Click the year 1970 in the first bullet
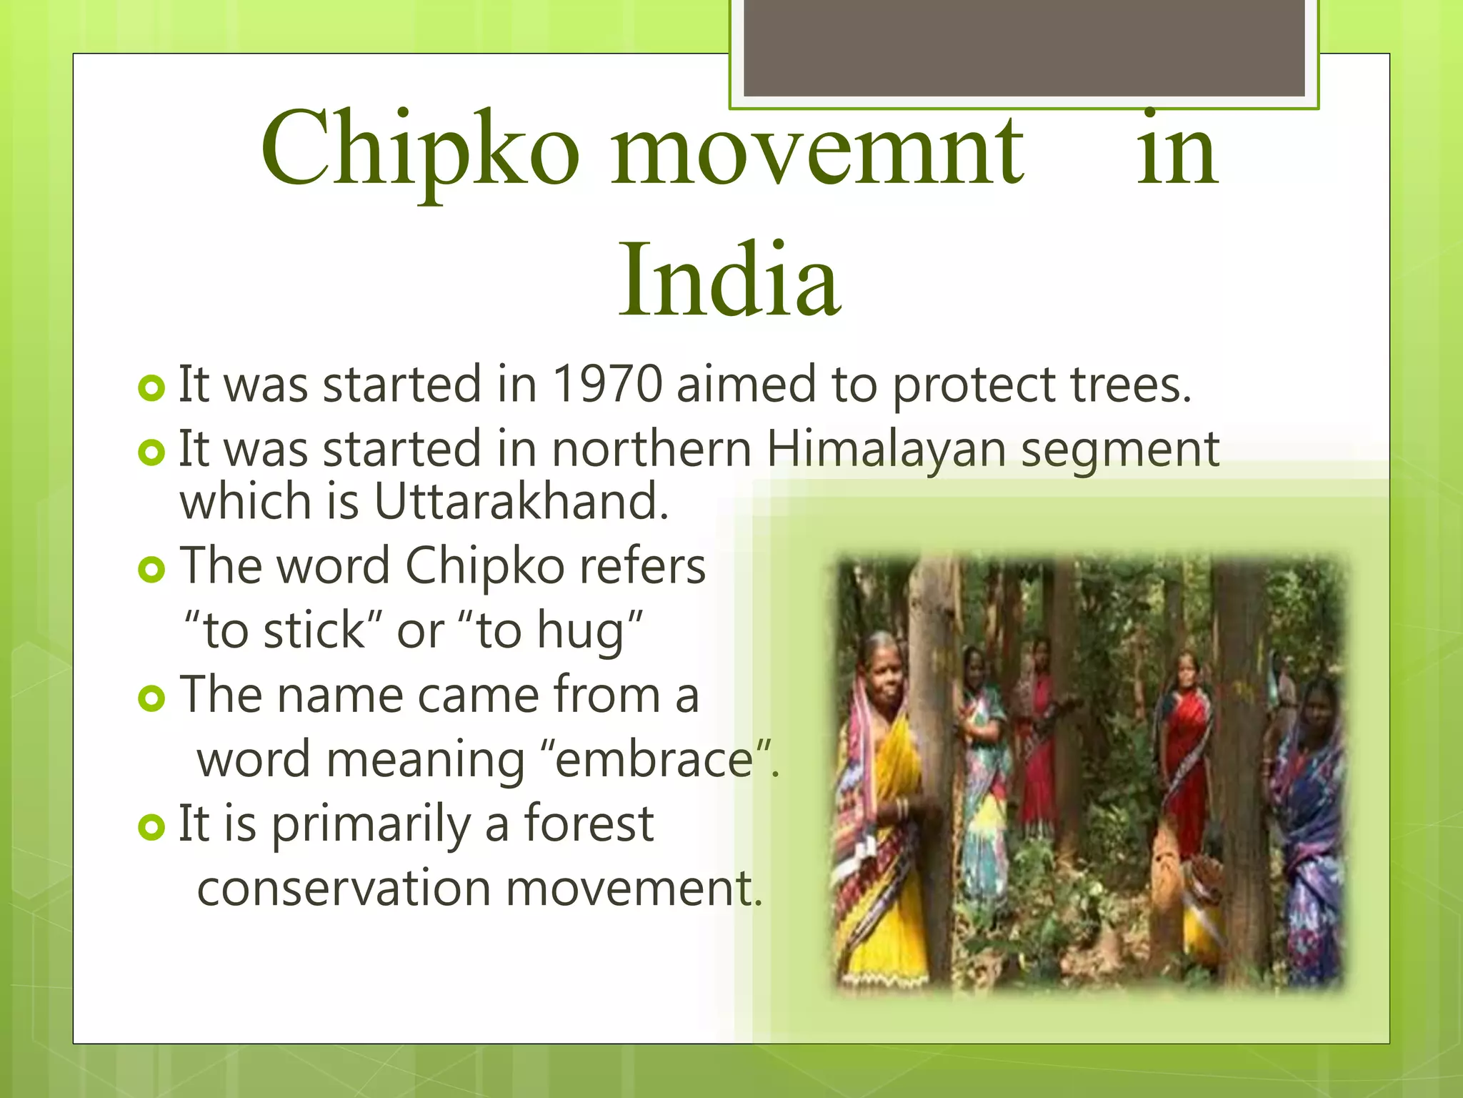coord(608,385)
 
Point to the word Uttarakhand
coord(521,501)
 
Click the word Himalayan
coord(886,450)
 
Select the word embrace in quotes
coord(654,759)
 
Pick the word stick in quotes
coord(314,630)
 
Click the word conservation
coord(344,889)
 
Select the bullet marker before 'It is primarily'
coord(151,827)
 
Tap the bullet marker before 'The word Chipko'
coord(151,569)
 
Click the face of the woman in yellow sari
coord(884,676)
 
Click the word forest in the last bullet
coord(589,824)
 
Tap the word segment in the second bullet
coord(1119,450)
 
